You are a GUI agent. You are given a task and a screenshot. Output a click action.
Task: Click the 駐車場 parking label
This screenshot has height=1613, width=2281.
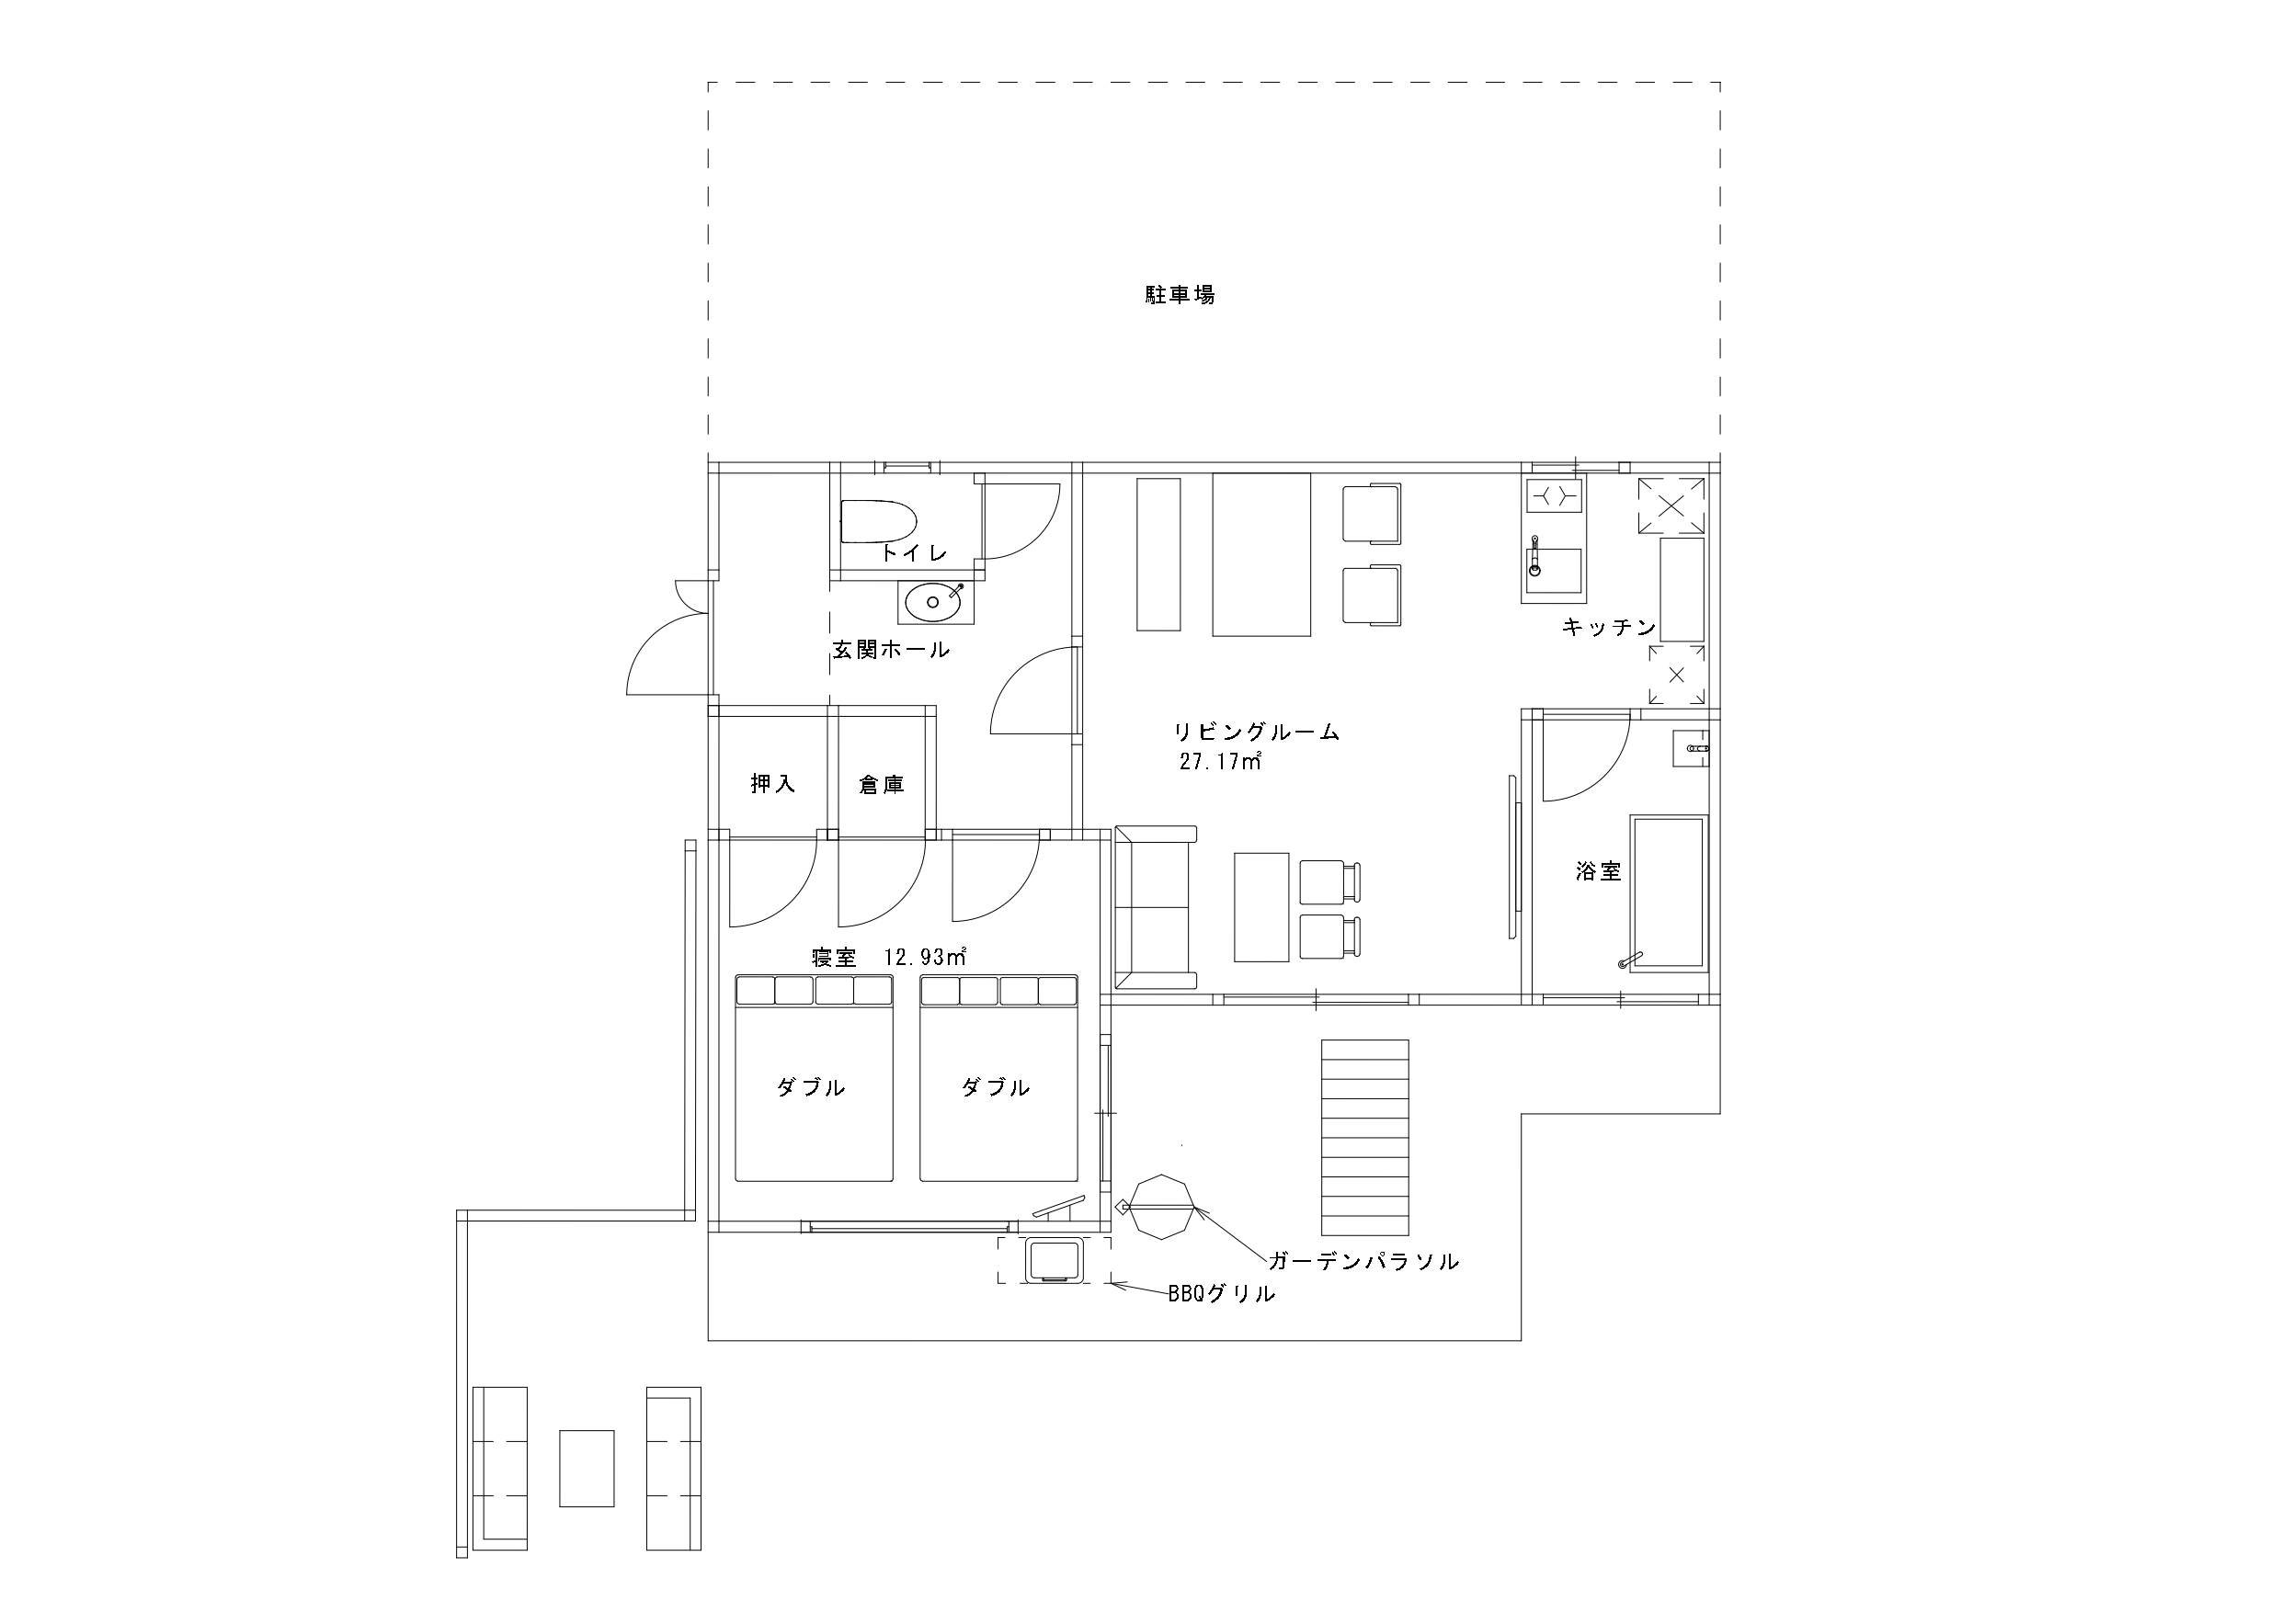tap(1180, 295)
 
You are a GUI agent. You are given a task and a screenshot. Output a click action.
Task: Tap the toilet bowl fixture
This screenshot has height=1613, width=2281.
tap(877, 522)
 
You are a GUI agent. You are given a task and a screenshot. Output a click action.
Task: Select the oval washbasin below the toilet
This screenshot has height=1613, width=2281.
tap(933, 602)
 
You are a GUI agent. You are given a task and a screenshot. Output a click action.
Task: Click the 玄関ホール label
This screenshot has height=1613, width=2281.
tap(891, 650)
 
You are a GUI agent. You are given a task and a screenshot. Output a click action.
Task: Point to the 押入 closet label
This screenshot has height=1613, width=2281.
tap(773, 784)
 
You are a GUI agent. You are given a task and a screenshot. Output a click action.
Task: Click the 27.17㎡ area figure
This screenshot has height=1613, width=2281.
tap(1221, 762)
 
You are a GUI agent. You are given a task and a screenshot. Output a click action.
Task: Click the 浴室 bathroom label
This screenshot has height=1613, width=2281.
tap(1599, 872)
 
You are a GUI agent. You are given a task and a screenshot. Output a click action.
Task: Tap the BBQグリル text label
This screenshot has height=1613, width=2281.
tap(1222, 1293)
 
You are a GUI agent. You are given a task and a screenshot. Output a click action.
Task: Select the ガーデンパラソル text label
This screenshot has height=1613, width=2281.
tap(1364, 1261)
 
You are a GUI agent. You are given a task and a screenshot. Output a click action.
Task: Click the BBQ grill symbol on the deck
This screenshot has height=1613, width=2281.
tap(1054, 1260)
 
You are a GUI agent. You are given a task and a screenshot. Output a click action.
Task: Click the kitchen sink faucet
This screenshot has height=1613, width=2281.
tap(1534, 556)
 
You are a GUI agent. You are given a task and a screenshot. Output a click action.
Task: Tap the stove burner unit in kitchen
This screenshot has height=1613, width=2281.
tap(1554, 494)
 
